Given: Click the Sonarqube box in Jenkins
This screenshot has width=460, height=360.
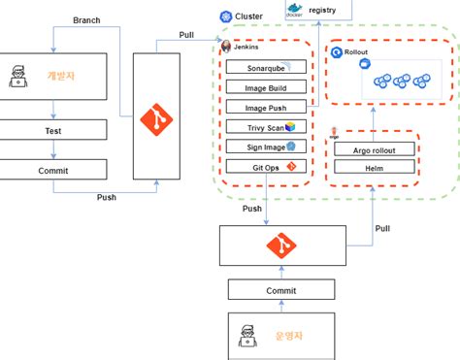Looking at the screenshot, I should (x=265, y=68).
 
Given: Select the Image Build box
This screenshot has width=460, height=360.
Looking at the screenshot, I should (x=265, y=87).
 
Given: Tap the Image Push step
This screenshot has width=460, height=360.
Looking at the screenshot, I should (x=265, y=107).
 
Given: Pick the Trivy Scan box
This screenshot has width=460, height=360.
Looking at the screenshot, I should (x=265, y=126).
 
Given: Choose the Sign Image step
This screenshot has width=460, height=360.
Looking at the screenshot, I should (x=265, y=147).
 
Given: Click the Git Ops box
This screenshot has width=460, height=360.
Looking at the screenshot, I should (x=265, y=167).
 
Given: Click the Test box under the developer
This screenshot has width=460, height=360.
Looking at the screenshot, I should (x=53, y=129).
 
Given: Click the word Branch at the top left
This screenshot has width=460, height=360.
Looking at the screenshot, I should (x=86, y=19).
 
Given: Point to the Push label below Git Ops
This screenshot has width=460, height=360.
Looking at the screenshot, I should (x=251, y=208).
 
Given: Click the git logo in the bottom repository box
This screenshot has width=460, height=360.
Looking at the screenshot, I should (x=280, y=245).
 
